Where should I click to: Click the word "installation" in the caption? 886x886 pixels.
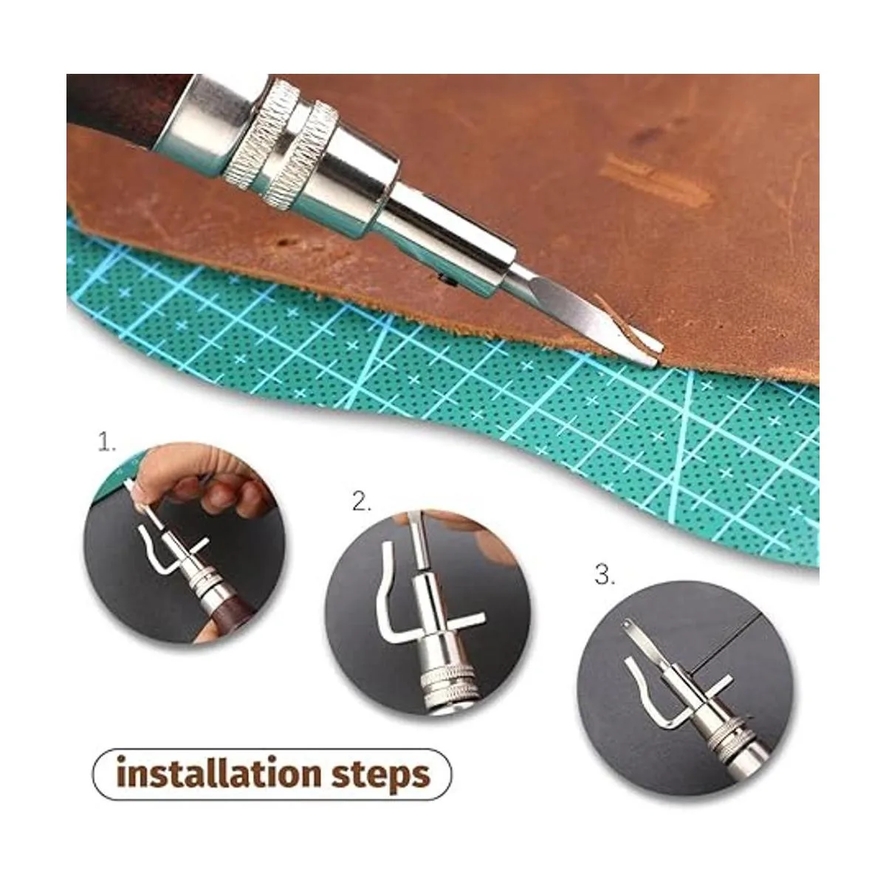click(218, 773)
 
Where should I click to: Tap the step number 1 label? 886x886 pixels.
click(106, 442)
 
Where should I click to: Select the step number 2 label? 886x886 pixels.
click(361, 501)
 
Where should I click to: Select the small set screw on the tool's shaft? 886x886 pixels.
click(441, 276)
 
